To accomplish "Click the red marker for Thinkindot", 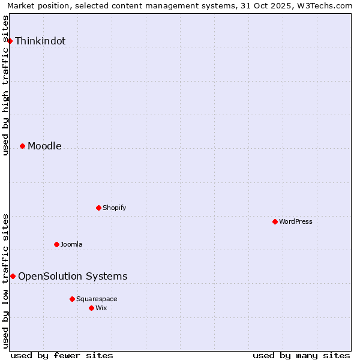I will tap(10, 41).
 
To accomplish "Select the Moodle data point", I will tap(22, 146).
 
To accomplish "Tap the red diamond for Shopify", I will tap(98, 208).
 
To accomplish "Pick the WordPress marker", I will tap(275, 221).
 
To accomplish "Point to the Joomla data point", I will tap(56, 244).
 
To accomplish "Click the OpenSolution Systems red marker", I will tap(13, 276).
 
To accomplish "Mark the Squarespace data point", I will tap(72, 299).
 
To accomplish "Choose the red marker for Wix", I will tap(91, 308).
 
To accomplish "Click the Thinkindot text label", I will tap(40, 41).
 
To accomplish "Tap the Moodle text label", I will tap(44, 146).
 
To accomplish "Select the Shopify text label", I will tap(114, 208).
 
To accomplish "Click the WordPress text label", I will tap(295, 221).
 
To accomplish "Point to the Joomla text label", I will tap(71, 244).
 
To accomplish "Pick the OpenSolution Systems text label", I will tap(73, 277).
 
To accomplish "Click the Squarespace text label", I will tap(97, 299).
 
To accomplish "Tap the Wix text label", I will tap(101, 308).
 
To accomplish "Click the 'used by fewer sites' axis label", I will tap(62, 355).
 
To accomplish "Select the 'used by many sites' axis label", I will tap(301, 355).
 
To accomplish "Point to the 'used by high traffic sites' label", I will tap(6, 86).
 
